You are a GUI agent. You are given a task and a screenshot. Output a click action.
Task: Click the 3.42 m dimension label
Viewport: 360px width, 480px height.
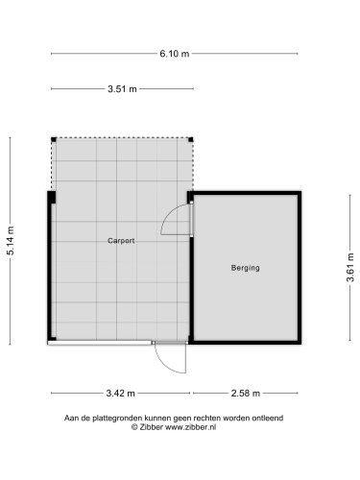[120, 394]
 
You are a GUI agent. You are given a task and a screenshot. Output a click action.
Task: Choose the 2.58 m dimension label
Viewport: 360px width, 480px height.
[247, 394]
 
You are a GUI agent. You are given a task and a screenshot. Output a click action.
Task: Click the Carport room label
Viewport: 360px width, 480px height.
[121, 241]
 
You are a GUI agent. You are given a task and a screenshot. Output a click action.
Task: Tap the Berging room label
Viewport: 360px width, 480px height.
[246, 268]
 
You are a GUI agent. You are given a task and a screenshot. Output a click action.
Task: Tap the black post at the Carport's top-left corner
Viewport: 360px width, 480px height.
[53, 137]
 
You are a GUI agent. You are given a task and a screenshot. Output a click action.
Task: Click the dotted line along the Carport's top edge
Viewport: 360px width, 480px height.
[122, 136]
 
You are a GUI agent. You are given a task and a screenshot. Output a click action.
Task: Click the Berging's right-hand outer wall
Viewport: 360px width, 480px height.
[301, 268]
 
